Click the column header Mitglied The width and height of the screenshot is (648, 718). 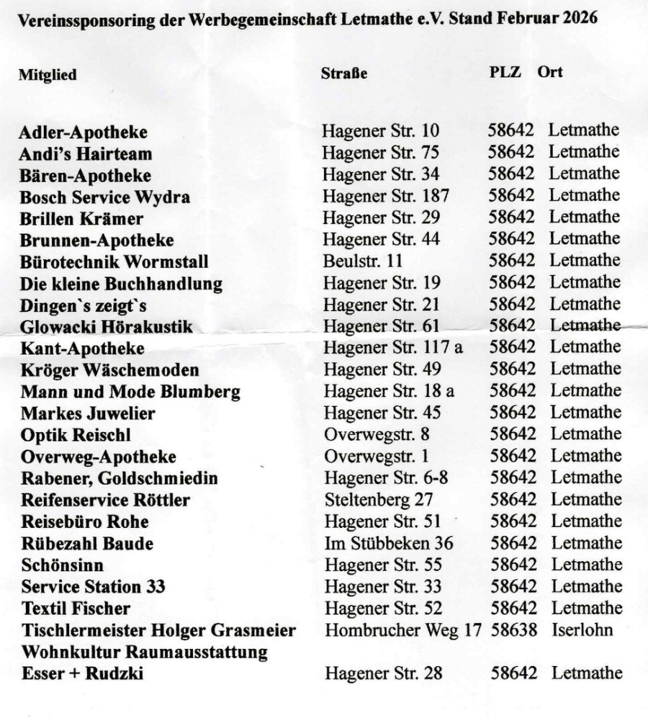click(x=48, y=75)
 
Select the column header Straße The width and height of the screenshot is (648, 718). click(x=344, y=73)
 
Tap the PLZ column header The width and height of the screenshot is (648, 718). click(x=505, y=72)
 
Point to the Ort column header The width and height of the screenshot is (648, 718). click(x=550, y=72)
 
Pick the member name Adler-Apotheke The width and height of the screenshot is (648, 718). click(x=84, y=133)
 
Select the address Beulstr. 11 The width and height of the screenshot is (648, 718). click(x=363, y=261)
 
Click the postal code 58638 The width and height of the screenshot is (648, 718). click(x=514, y=630)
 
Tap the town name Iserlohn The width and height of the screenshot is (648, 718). click(x=582, y=630)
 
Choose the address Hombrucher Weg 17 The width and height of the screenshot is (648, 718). click(x=403, y=630)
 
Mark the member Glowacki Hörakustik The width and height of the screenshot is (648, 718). click(x=107, y=327)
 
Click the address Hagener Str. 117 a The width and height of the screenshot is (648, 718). click(x=393, y=348)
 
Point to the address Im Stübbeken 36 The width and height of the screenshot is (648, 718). click(x=389, y=543)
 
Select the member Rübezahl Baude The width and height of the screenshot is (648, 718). click(x=87, y=544)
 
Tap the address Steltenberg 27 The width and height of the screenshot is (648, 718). click(x=377, y=500)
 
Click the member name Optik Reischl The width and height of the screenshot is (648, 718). click(x=76, y=435)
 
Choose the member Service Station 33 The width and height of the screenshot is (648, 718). click(x=93, y=587)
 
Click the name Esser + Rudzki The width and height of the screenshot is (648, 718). click(x=82, y=674)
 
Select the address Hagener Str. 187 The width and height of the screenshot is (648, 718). click(x=386, y=196)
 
